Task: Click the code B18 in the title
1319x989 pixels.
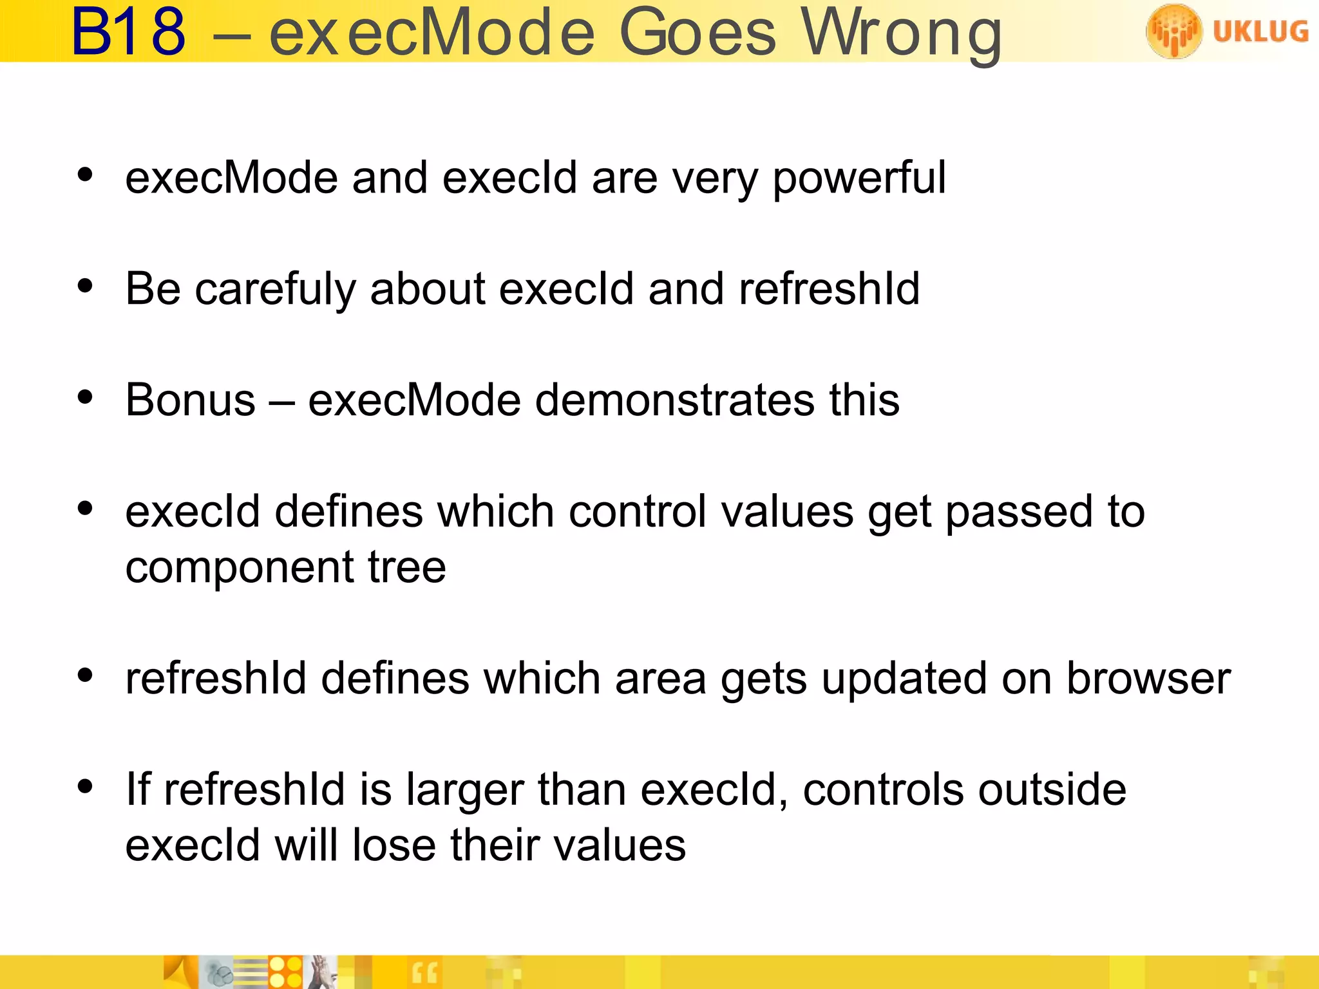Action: pos(128,32)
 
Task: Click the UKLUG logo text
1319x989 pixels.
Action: pos(1260,31)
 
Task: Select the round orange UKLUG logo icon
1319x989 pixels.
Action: pos(1173,31)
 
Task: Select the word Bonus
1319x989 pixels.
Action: pos(191,400)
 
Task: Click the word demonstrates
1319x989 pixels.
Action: pos(674,400)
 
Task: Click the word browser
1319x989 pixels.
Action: pos(1148,679)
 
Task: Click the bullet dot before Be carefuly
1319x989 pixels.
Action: pos(85,286)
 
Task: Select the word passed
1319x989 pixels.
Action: pos(1019,512)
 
